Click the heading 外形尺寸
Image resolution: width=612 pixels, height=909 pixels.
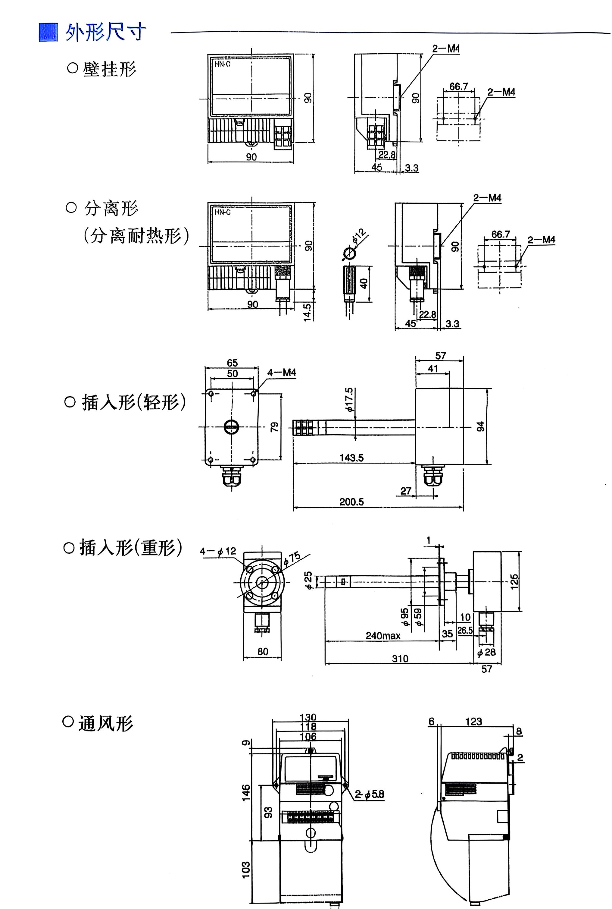105,32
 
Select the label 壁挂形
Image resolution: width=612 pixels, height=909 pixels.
109,69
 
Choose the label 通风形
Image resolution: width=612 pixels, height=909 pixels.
105,723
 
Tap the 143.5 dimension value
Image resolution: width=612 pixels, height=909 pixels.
351,458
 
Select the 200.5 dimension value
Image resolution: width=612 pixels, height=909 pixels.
351,502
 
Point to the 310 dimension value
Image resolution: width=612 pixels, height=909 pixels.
400,659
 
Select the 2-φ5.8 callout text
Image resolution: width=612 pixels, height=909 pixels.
370,794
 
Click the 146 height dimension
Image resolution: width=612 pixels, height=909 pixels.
246,793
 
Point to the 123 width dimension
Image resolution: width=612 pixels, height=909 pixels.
473,721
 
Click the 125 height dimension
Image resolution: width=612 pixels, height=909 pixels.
514,581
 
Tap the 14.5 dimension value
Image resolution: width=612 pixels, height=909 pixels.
308,312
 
